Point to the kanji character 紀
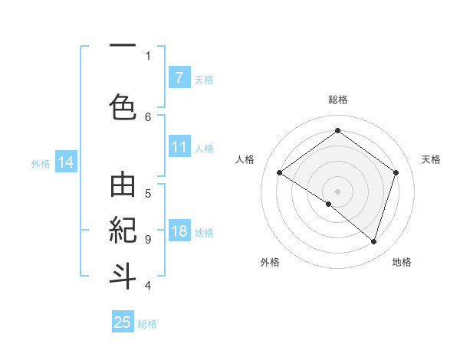point(123,230)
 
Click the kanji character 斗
point(123,274)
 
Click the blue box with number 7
point(179,78)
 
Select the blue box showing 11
point(179,148)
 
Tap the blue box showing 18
point(179,232)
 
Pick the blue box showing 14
point(65,162)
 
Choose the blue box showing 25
point(123,322)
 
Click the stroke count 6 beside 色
point(148,116)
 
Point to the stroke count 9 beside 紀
point(148,239)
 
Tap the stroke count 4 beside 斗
point(148,286)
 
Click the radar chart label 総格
point(337,100)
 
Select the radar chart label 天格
point(431,159)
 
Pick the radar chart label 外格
point(269,262)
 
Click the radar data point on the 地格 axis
point(373,241)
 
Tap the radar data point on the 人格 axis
point(279,173)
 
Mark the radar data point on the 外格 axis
point(329,204)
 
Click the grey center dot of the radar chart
point(337,191)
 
